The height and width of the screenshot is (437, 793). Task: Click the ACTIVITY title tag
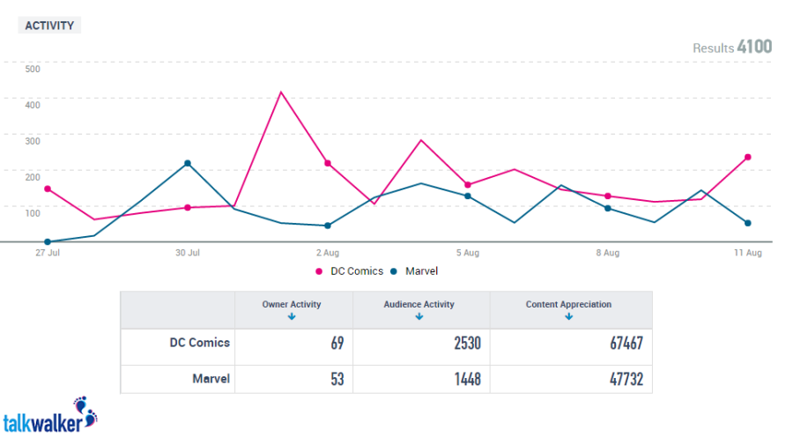coord(49,26)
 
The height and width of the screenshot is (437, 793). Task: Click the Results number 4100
coord(754,47)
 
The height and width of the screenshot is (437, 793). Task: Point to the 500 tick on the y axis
coord(33,69)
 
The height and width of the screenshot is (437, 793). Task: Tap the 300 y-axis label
coord(33,140)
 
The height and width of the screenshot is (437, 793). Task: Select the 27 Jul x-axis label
coord(47,253)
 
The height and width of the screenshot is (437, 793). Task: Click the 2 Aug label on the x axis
coord(328,253)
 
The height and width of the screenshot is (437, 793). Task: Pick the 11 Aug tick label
coord(748,253)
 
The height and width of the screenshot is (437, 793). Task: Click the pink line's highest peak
coord(280,92)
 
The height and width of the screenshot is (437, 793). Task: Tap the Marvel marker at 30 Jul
coord(188,163)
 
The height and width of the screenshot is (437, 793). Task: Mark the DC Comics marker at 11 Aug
coord(747,157)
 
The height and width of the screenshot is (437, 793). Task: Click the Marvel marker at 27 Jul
coord(47,241)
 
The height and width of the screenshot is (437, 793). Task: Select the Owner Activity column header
coord(292,305)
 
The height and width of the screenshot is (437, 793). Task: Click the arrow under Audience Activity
coord(419,316)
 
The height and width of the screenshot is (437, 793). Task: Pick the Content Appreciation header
coord(568,305)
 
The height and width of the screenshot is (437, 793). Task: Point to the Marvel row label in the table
coord(211,379)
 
